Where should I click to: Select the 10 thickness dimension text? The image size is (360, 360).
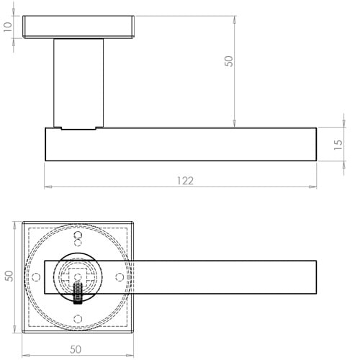7,27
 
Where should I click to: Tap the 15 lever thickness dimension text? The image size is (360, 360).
338,145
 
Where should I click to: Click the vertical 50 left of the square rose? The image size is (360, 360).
8,276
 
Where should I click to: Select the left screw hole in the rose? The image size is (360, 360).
37,276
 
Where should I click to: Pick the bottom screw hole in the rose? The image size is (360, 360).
78,318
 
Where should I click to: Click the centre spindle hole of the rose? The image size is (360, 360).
77,275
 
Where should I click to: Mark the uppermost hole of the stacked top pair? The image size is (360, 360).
78,235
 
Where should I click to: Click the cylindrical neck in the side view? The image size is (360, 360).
78,83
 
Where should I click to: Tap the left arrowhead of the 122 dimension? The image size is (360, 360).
48,187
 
